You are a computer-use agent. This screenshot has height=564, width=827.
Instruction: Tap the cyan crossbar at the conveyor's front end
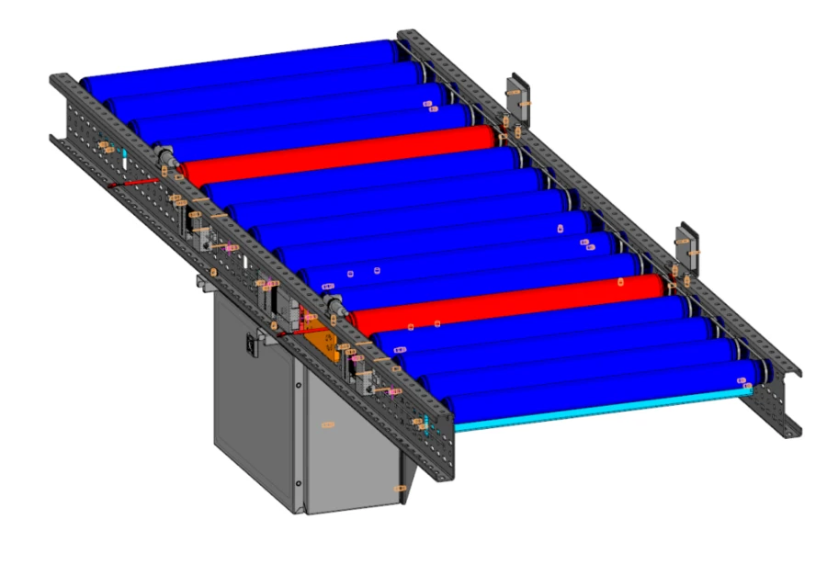pyautogui.click(x=597, y=408)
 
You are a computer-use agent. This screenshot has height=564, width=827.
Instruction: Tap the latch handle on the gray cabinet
pyautogui.click(x=251, y=344)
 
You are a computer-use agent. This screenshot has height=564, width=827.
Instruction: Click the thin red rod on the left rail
pyautogui.click(x=129, y=184)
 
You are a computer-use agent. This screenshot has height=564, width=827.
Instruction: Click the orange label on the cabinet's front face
pyautogui.click(x=328, y=423)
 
